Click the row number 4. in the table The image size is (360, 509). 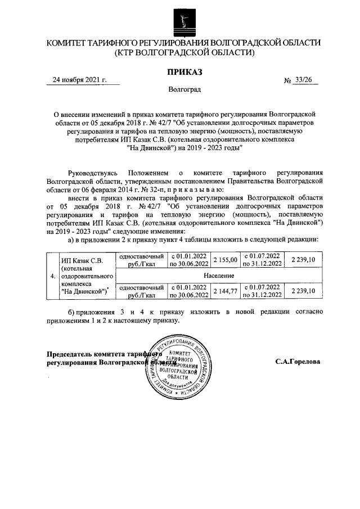52,276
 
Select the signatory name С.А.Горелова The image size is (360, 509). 298,362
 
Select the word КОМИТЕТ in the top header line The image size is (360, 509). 68,43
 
